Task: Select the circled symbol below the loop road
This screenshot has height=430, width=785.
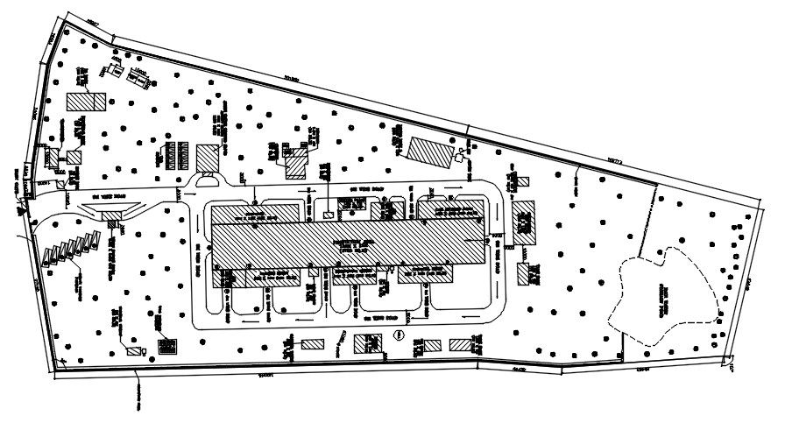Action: pyautogui.click(x=399, y=335)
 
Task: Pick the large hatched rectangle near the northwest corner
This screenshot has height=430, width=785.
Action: pyautogui.click(x=87, y=100)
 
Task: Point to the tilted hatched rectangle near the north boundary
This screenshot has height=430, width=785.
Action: pyautogui.click(x=430, y=151)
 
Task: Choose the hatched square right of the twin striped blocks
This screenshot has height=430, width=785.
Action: pyautogui.click(x=209, y=158)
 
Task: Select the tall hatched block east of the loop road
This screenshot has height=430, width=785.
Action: pyautogui.click(x=524, y=222)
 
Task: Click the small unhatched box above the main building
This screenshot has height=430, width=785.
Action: pyautogui.click(x=328, y=212)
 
